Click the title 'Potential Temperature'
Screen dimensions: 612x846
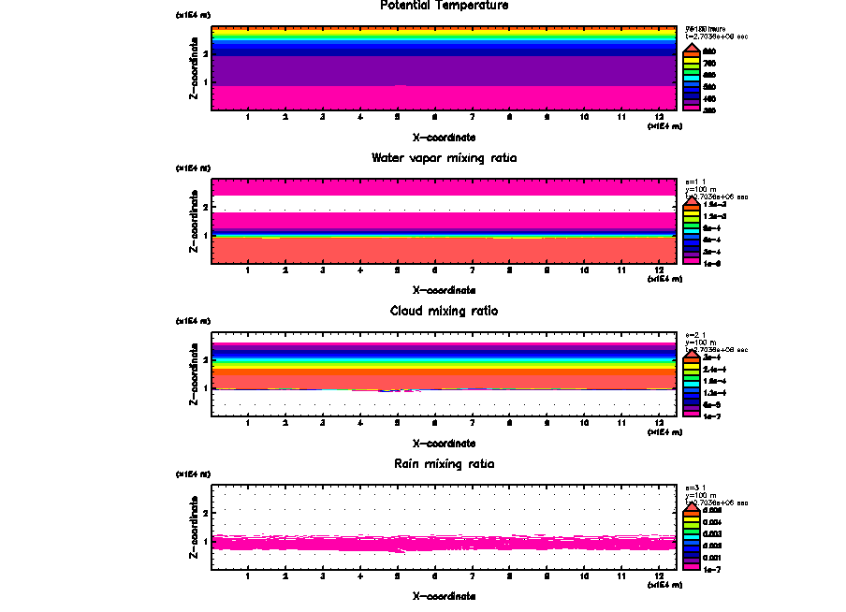point(445,6)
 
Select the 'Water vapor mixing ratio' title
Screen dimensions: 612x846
point(445,158)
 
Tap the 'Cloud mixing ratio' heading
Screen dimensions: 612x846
point(445,311)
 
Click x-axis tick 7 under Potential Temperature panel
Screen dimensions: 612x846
point(472,117)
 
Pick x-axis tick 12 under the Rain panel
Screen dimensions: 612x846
point(660,576)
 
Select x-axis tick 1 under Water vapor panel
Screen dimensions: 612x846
point(248,270)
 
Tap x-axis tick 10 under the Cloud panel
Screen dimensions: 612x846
point(584,423)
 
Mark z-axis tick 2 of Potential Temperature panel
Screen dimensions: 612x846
point(205,53)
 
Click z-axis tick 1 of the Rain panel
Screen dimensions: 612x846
point(205,541)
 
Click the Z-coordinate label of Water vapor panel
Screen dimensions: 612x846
point(194,226)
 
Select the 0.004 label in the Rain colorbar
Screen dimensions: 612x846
point(712,522)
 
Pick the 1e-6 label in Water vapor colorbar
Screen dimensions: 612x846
point(712,264)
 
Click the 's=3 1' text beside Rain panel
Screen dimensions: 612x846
point(695,488)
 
